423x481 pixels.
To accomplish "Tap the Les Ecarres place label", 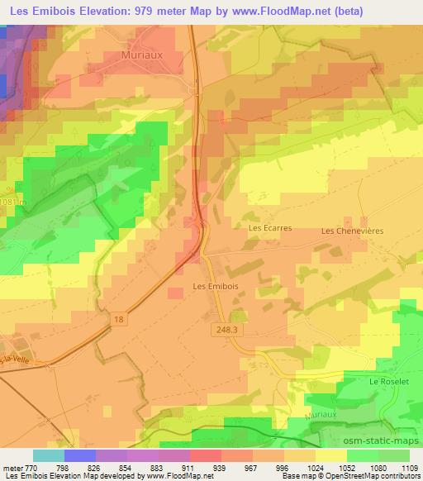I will click(x=270, y=226).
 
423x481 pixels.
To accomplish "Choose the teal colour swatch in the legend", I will click(x=48, y=455).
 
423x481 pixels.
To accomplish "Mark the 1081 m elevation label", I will click(x=11, y=202).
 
